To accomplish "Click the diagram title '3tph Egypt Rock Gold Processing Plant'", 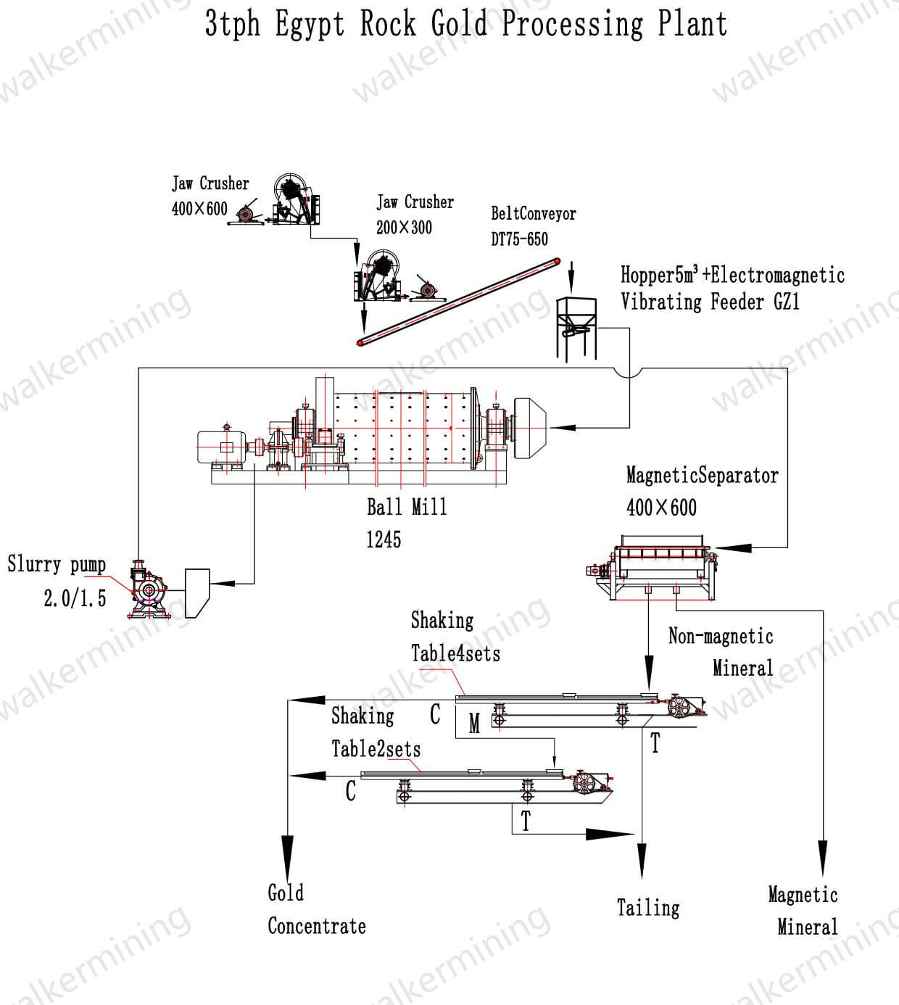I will pos(465,23).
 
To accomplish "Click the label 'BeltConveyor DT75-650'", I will pos(533,226).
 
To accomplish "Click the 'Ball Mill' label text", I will pos(407,507).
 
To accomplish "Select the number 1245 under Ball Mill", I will pos(384,539).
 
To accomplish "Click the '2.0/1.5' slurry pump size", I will pos(75,598).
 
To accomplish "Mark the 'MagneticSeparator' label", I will pos(702,476).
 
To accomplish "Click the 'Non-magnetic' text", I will pos(721,637).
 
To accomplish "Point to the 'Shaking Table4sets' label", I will pos(455,637).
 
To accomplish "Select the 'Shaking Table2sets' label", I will pos(376,732).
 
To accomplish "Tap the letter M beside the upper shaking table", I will pos(474,724).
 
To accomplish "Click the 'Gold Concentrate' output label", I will pos(316,909).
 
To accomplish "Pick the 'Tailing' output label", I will pos(648,908).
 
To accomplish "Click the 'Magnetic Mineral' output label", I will pos(803,911).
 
